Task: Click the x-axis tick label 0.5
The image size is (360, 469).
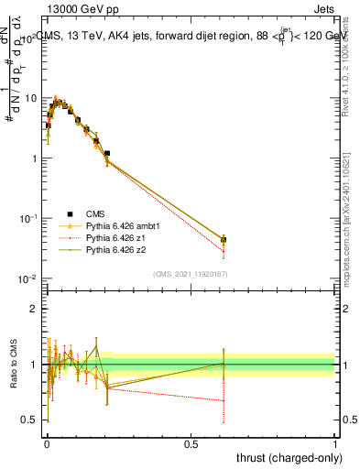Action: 190,443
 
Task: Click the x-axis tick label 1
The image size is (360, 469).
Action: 334,443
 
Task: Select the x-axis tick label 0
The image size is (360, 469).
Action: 46,443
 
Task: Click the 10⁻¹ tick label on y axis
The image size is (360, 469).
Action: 27,218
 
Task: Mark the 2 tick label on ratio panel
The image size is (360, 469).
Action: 35,310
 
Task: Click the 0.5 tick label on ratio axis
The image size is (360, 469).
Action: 31,420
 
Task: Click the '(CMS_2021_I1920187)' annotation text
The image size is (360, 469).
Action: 190,272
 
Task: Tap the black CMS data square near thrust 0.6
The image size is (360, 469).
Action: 224,240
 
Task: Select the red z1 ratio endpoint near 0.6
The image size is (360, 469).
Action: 224,399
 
